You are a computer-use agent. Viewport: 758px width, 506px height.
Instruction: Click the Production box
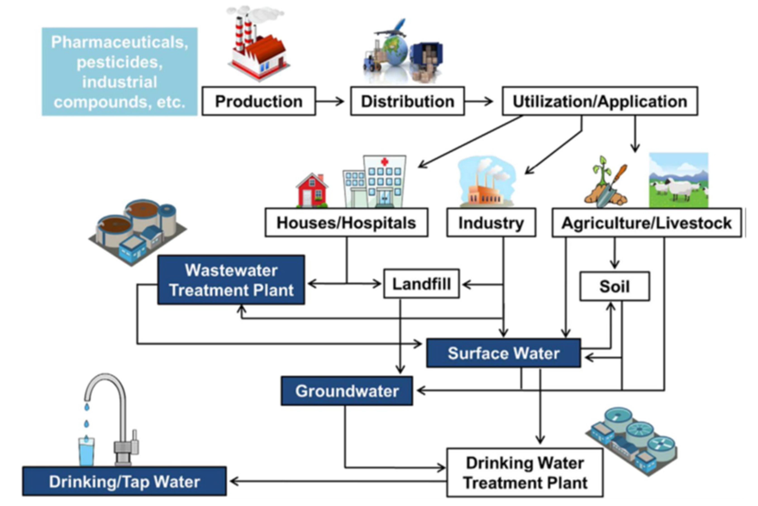click(259, 101)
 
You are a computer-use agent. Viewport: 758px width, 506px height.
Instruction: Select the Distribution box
click(408, 101)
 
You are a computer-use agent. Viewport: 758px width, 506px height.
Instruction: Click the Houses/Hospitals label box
click(346, 223)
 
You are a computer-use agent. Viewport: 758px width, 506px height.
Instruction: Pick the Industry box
click(491, 223)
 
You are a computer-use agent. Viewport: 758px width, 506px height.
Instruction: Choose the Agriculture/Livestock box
click(647, 223)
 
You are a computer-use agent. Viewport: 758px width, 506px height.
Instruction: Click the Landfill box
click(421, 284)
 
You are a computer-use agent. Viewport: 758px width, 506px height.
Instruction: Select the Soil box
click(615, 286)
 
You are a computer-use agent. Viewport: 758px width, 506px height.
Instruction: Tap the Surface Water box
click(503, 353)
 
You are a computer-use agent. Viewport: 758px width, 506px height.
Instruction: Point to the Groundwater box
click(347, 391)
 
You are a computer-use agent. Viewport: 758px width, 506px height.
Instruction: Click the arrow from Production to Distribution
click(330, 101)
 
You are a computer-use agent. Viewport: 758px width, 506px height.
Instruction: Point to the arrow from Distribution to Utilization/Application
click(479, 101)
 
